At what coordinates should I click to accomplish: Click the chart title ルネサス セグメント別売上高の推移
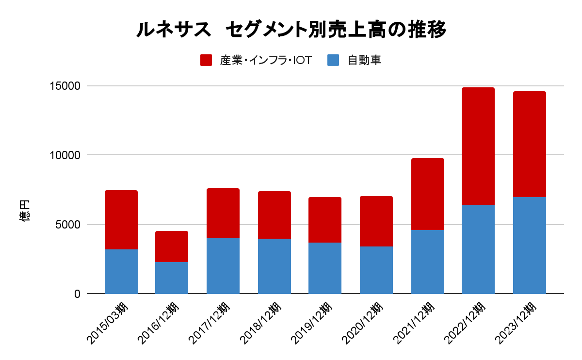(291, 30)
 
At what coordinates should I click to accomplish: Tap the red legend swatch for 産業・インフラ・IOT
(206, 60)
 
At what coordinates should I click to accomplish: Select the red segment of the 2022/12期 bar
(478, 146)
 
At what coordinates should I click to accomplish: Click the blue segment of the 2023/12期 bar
(529, 245)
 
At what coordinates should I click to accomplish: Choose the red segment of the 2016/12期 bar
(171, 246)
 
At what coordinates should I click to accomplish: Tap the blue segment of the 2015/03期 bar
(121, 271)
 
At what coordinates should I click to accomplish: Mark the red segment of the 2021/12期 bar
(427, 194)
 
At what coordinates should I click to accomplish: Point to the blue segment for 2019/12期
(324, 268)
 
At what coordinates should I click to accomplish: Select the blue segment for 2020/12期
(376, 270)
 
